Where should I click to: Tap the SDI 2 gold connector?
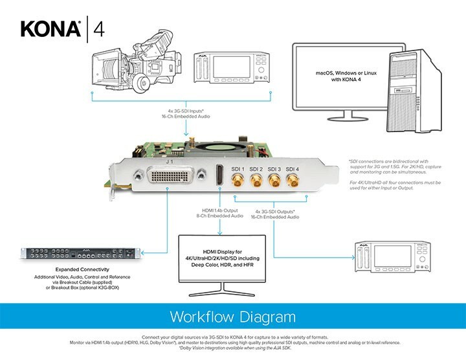click(256, 185)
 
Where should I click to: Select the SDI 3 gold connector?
click(274, 185)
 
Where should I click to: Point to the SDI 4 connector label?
click(293, 169)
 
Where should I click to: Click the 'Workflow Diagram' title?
click(232, 317)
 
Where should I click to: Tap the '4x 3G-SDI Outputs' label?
click(274, 210)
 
